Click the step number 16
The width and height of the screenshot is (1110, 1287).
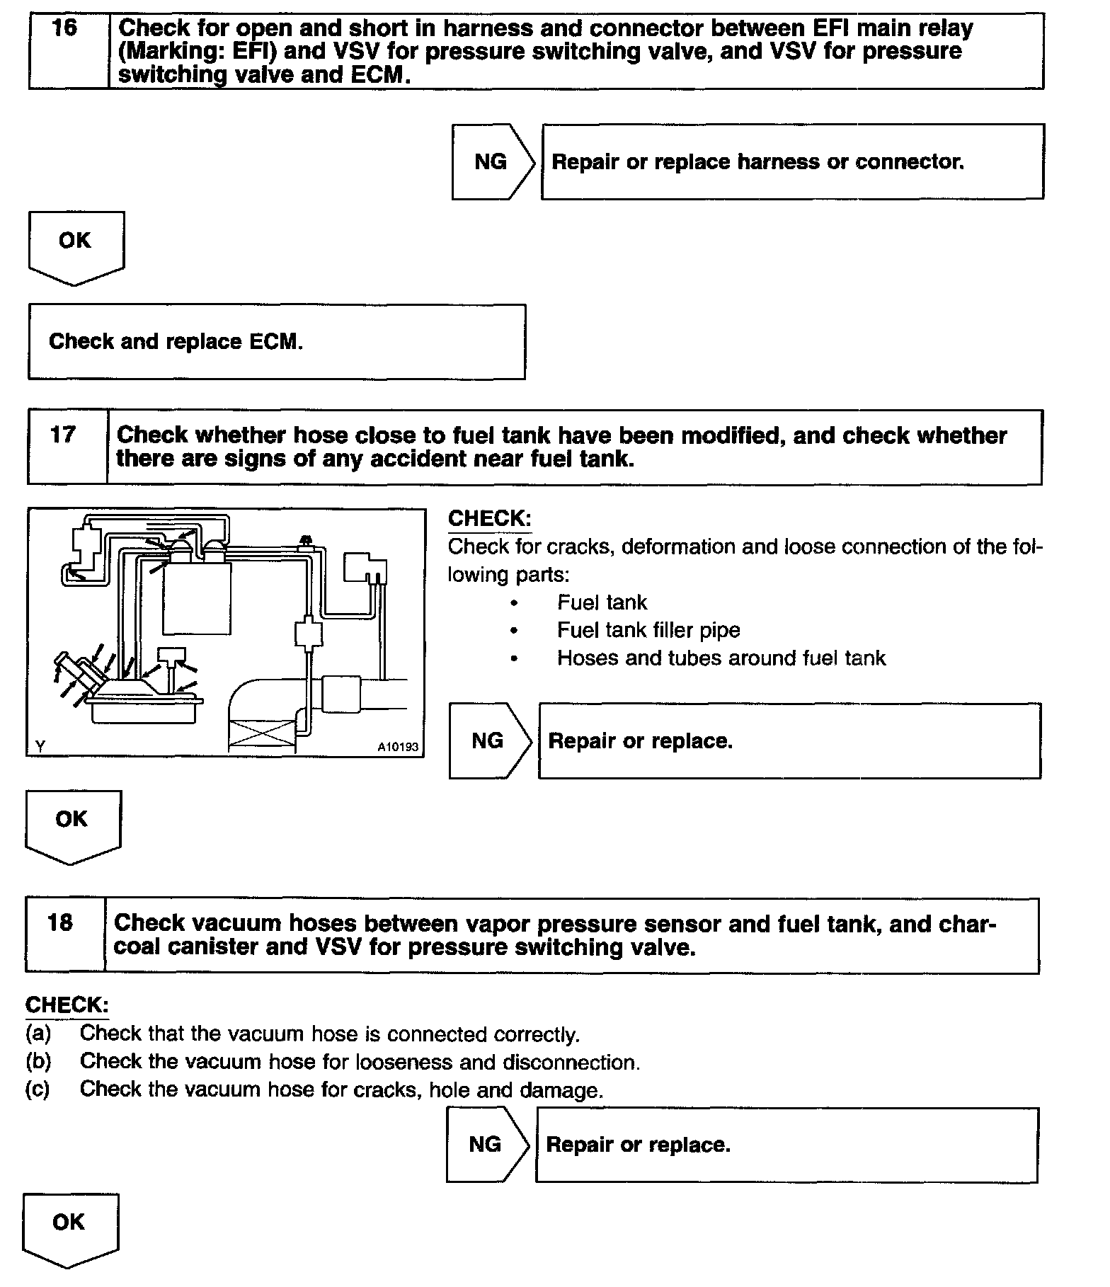(x=64, y=29)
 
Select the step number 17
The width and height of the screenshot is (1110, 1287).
(x=62, y=434)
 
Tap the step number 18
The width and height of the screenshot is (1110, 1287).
(x=60, y=922)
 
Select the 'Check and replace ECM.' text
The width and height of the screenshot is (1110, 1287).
(x=176, y=342)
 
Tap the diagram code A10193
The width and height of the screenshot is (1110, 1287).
(x=398, y=747)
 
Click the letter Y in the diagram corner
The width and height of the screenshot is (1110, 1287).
(x=40, y=746)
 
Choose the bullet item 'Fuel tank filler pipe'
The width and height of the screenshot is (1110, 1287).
(x=648, y=630)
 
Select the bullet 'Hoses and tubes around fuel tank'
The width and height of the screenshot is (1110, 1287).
(x=721, y=658)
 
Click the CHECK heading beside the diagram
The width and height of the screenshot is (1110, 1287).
(x=489, y=518)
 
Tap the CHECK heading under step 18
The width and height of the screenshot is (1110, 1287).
(x=67, y=1005)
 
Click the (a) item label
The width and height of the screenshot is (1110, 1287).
(x=38, y=1034)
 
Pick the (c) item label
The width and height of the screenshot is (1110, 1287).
(x=38, y=1089)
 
